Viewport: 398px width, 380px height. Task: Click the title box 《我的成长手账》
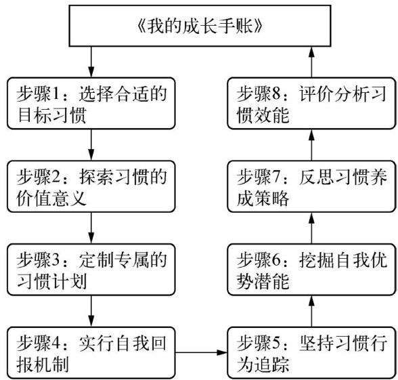click(x=200, y=26)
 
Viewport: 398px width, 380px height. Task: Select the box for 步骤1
click(x=91, y=103)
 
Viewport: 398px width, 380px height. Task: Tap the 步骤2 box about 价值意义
click(x=91, y=186)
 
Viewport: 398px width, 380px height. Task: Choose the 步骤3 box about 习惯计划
click(x=91, y=270)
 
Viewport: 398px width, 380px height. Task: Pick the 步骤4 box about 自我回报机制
click(x=91, y=353)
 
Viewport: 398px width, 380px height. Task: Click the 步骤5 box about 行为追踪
click(x=311, y=353)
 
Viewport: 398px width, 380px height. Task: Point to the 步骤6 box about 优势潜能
click(x=311, y=270)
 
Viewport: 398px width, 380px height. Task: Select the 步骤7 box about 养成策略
click(x=311, y=186)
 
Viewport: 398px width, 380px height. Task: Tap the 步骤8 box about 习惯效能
click(x=311, y=103)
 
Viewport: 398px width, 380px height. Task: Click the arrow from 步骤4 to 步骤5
click(x=201, y=352)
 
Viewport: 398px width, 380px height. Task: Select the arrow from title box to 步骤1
click(x=91, y=62)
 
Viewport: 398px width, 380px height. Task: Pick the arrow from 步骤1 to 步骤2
click(x=91, y=145)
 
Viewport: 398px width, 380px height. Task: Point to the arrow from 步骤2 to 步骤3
click(x=91, y=228)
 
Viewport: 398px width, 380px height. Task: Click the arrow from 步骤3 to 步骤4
click(x=91, y=311)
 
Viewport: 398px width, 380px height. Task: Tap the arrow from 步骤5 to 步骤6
click(x=311, y=311)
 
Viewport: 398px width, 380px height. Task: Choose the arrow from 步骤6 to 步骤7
click(x=311, y=228)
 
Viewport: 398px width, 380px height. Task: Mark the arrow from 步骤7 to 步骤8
click(x=311, y=145)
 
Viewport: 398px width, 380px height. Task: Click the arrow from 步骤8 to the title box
click(x=311, y=62)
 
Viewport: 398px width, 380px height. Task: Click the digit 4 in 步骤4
click(x=56, y=343)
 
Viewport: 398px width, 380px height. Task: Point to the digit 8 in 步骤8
click(x=276, y=94)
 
